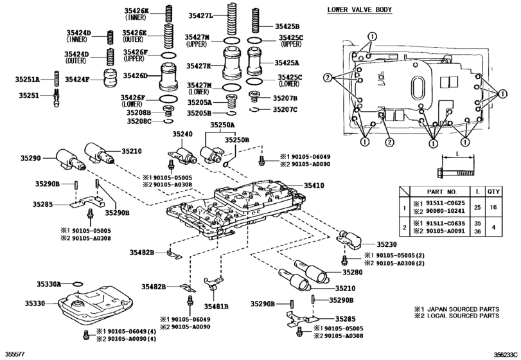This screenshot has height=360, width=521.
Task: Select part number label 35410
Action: tap(317, 184)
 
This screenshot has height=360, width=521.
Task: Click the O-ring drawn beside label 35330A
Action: tap(76, 283)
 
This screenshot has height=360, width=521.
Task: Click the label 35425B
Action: tap(287, 26)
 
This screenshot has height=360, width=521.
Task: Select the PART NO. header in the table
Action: tap(443, 192)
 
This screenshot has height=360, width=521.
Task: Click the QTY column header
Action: tap(493, 192)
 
